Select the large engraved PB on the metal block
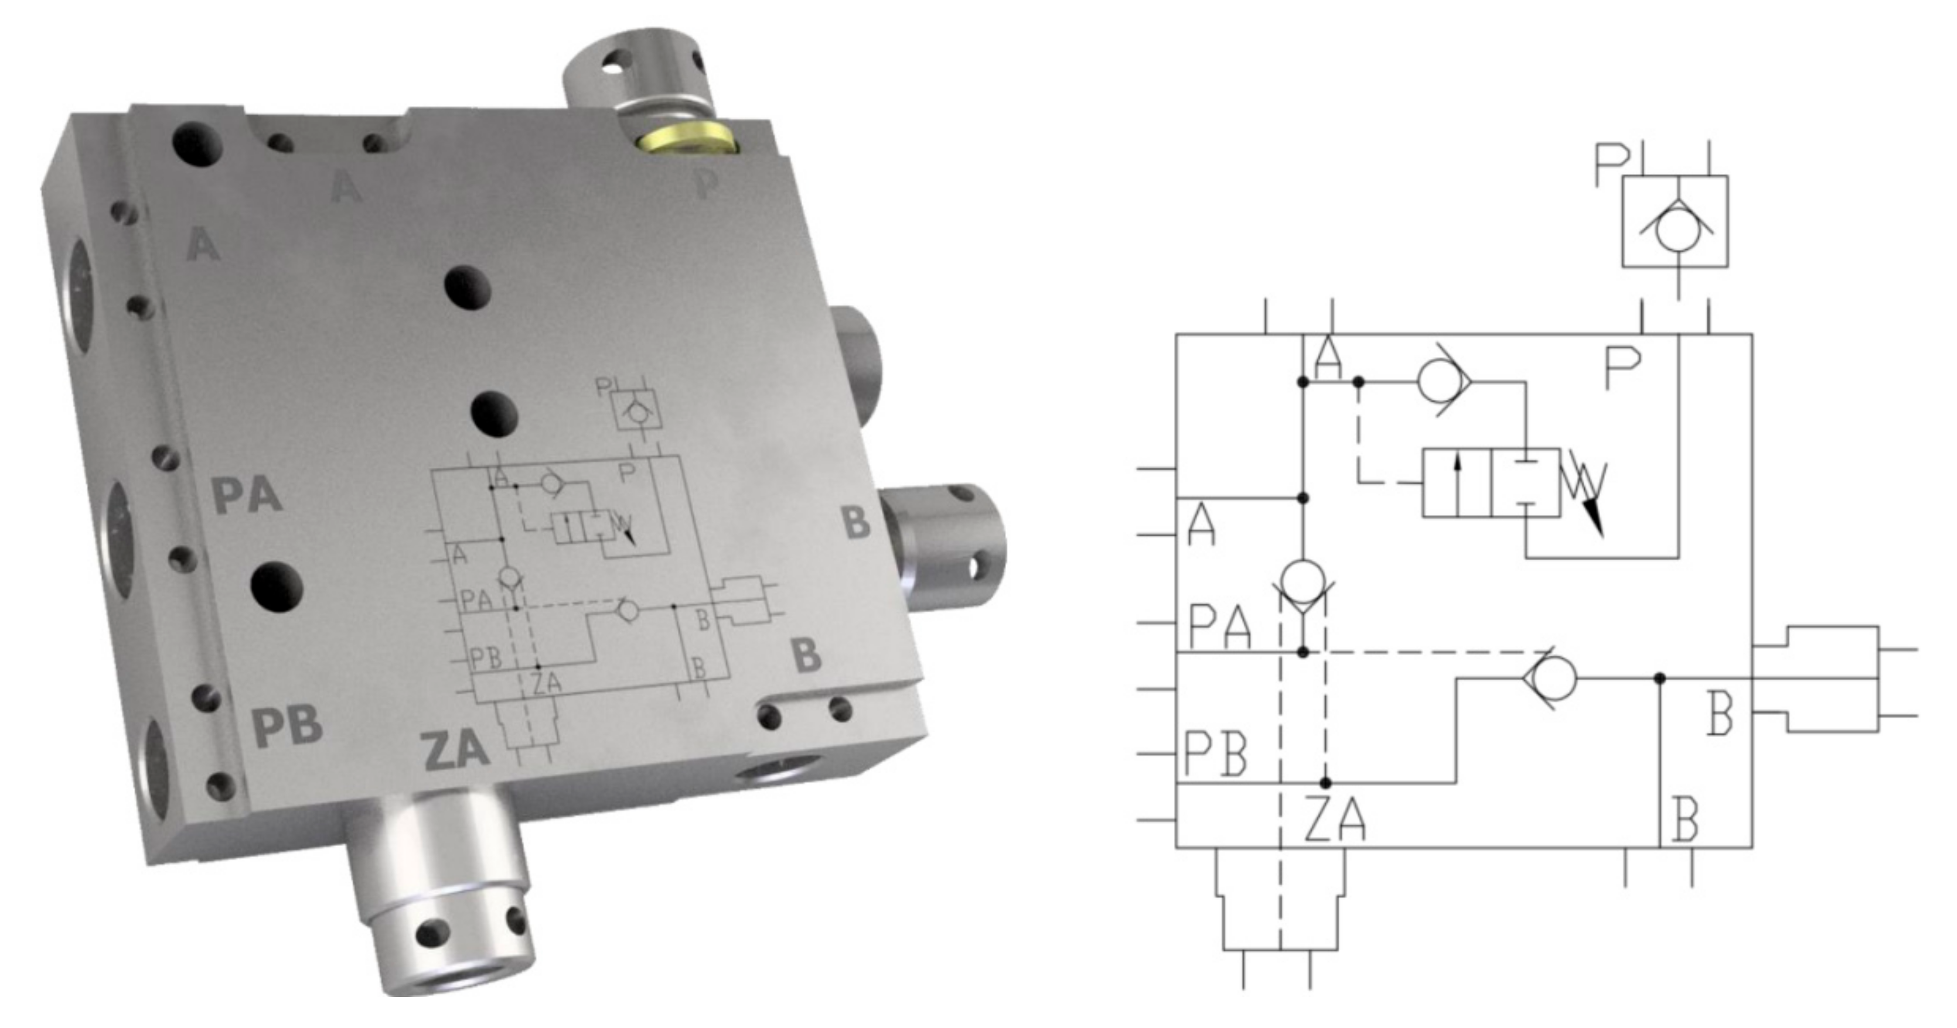coord(287,725)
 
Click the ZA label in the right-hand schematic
coord(1334,819)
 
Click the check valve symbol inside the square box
coord(1676,228)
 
